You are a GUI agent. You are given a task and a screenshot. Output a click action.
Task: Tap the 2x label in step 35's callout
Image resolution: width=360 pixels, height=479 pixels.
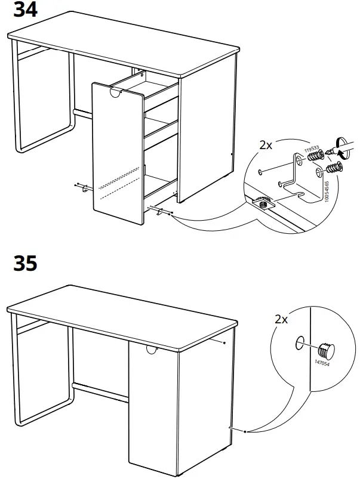click(281, 319)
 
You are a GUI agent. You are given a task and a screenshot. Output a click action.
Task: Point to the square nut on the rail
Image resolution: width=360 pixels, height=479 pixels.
click(263, 203)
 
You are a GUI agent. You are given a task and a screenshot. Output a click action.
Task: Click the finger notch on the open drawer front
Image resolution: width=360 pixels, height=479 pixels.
click(116, 93)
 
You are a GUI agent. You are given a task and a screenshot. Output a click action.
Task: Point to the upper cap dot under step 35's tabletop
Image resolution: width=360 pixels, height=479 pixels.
click(223, 343)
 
